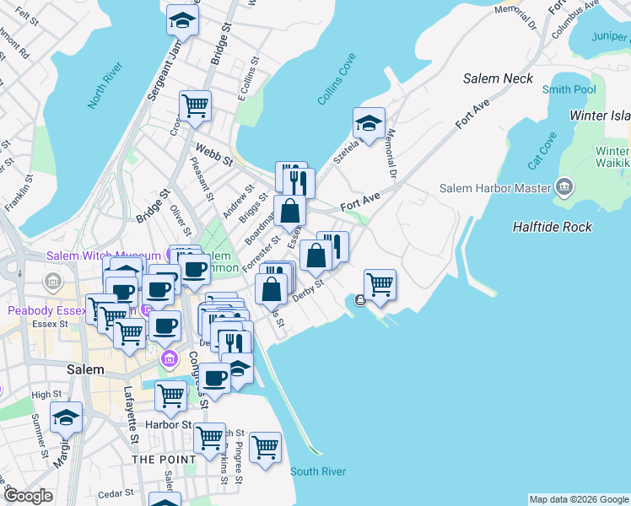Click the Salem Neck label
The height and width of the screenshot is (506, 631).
[x=498, y=78]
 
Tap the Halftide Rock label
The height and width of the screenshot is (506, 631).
[x=552, y=227]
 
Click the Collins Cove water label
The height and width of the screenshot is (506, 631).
[x=337, y=79]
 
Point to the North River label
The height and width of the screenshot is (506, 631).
[x=105, y=85]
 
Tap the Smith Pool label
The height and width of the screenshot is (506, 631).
[x=569, y=89]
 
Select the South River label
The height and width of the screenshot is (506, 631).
[x=318, y=471]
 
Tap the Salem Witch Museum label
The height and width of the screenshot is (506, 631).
[x=92, y=256]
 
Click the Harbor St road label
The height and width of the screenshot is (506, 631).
[x=169, y=424]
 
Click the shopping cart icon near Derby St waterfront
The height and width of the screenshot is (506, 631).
[x=380, y=285]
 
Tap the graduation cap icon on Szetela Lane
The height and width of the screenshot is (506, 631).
[x=369, y=123]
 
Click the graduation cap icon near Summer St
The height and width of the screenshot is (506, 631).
[x=66, y=417]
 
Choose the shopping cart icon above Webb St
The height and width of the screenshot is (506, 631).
[x=195, y=105]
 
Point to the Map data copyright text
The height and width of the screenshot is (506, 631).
[x=578, y=499]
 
